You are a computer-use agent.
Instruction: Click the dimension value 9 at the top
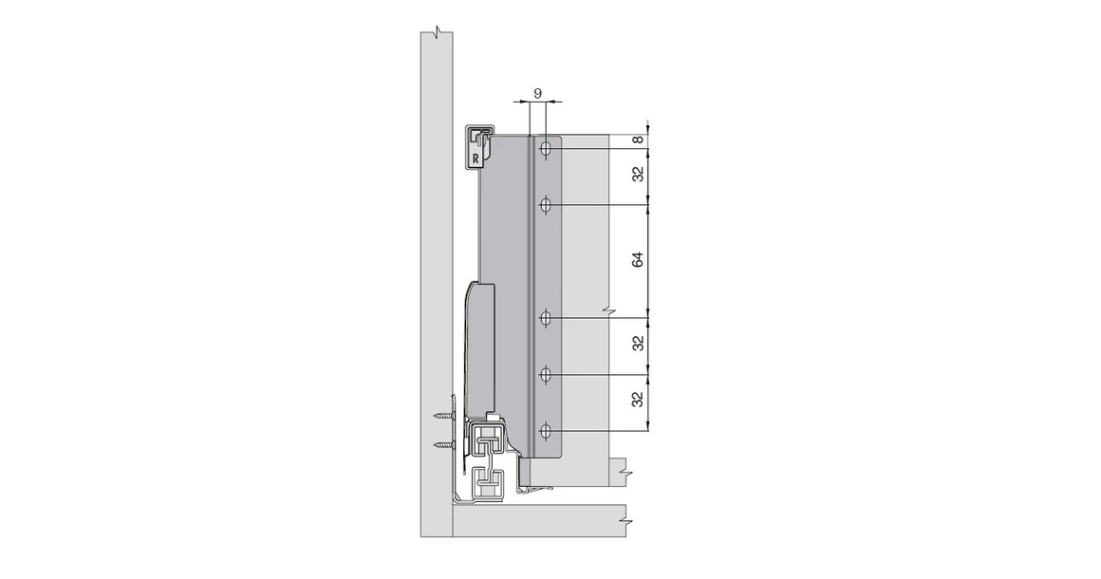point(538,93)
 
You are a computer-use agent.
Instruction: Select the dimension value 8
point(639,140)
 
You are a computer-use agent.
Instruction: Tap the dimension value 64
point(639,260)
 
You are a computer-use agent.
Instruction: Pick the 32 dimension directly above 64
point(639,175)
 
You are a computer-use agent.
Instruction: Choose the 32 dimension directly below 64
point(639,343)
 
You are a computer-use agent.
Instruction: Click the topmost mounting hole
point(546,149)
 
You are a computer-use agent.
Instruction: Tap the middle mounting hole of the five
point(546,318)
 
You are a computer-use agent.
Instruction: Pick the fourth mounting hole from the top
point(546,376)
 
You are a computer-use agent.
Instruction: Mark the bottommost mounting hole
point(546,433)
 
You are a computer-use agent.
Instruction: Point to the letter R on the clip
point(475,159)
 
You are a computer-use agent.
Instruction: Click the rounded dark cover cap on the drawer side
point(481,342)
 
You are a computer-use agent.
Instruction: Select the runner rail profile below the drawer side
point(490,460)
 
